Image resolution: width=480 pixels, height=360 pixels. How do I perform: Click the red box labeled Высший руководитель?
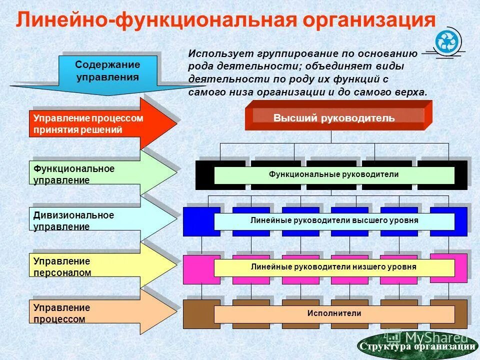click(334, 118)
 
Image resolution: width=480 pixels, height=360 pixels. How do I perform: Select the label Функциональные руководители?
click(334, 175)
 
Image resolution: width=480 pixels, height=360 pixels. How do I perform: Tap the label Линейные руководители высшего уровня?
click(334, 221)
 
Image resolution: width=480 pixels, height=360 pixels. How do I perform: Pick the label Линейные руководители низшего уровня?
click(334, 267)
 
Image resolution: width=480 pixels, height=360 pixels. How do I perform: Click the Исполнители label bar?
click(334, 314)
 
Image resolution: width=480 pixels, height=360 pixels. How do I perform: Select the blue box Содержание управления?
click(107, 71)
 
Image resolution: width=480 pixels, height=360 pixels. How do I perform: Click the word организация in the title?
click(367, 21)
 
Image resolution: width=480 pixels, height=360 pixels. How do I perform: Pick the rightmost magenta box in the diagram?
click(448, 267)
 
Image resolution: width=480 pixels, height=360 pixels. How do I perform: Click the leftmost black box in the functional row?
click(204, 175)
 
